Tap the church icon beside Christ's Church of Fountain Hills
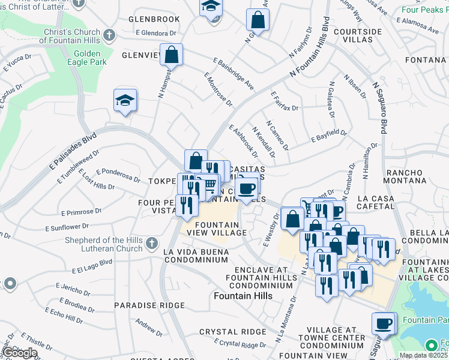click(109, 34)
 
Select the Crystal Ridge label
click(232, 332)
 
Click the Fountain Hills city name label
click(243, 296)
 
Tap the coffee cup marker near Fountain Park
click(383, 324)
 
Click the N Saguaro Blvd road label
click(379, 108)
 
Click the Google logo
click(20, 353)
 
